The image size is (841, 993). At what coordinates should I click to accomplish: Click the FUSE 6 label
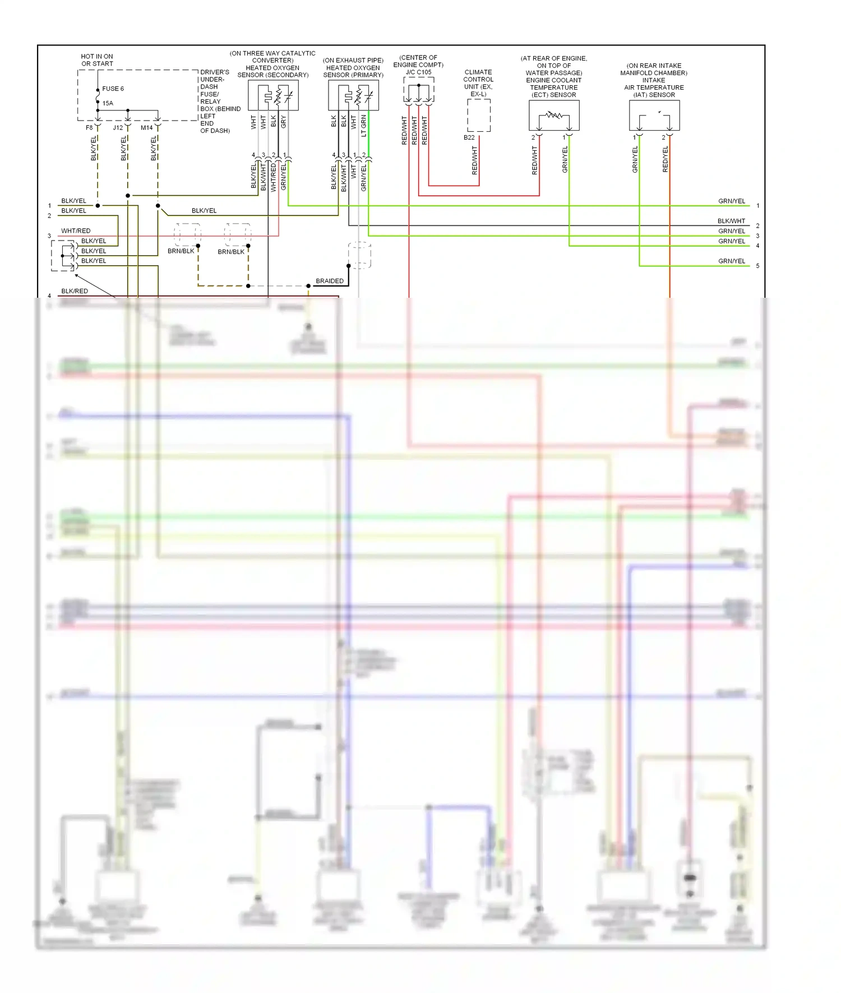click(113, 89)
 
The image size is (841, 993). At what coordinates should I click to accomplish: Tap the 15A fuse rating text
click(108, 103)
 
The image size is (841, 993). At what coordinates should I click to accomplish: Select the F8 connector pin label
click(89, 128)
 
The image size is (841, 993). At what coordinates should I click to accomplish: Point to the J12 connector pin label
click(118, 128)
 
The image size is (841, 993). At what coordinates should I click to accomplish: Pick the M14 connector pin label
click(146, 128)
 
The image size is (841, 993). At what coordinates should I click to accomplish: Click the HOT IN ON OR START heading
click(97, 60)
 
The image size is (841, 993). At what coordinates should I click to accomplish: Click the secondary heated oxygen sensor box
click(273, 95)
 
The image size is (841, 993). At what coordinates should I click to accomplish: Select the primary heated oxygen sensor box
click(353, 95)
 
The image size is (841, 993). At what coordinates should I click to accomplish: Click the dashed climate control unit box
click(479, 116)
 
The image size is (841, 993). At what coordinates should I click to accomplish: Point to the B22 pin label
click(469, 137)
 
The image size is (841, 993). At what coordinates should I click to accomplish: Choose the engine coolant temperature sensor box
click(554, 116)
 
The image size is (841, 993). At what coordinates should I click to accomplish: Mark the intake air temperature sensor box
click(654, 116)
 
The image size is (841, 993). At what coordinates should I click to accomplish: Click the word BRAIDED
click(330, 281)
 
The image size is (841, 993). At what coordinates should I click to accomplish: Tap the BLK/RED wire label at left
click(75, 291)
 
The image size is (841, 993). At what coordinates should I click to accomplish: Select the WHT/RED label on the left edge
click(76, 231)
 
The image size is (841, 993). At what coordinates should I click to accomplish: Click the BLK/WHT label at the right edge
click(731, 221)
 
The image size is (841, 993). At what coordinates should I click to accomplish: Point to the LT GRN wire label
click(364, 126)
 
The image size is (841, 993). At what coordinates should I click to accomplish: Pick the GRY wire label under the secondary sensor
click(284, 122)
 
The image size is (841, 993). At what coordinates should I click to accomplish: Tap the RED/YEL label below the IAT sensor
click(666, 159)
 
